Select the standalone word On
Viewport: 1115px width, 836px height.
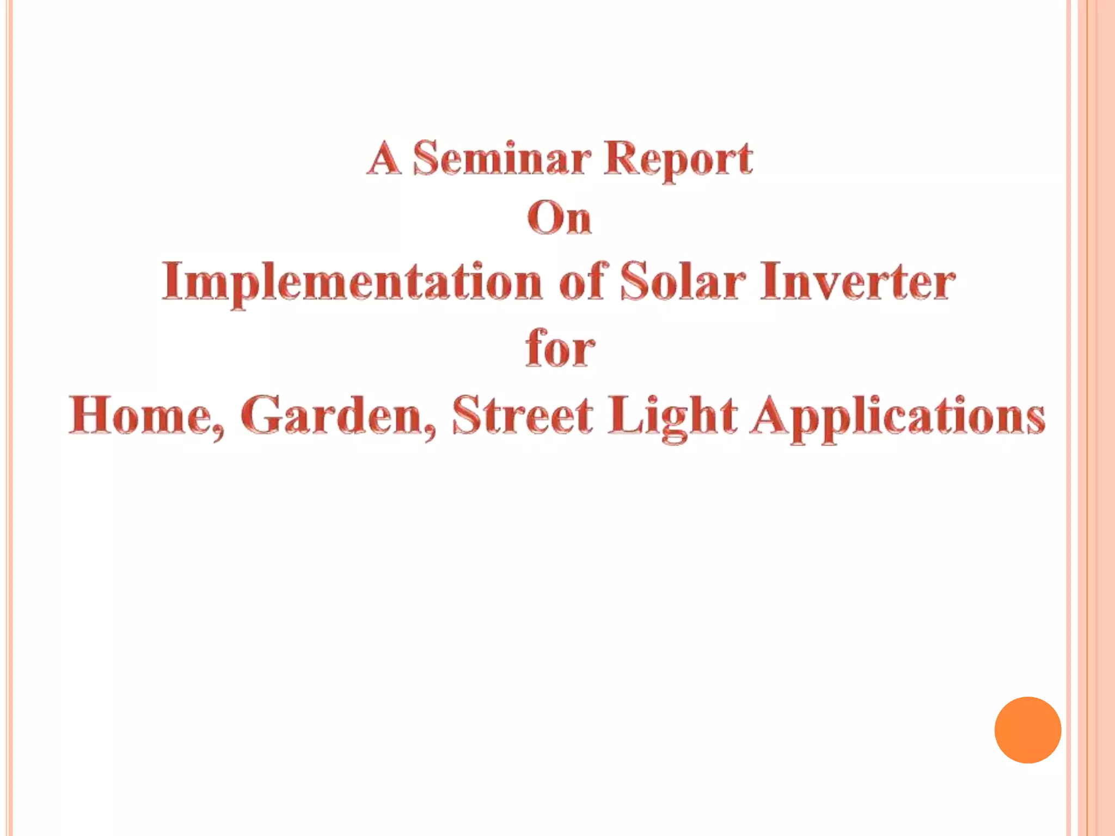[559, 219]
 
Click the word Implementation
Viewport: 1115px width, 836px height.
[352, 281]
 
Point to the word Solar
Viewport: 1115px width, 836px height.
[683, 281]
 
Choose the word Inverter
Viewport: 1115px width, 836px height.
[857, 281]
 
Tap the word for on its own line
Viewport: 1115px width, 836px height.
[560, 348]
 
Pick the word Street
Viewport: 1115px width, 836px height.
[523, 415]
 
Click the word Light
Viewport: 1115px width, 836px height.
[672, 415]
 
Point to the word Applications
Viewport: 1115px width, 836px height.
[897, 415]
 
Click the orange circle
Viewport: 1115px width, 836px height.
[1027, 730]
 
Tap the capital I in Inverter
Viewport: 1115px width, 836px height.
[769, 281]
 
